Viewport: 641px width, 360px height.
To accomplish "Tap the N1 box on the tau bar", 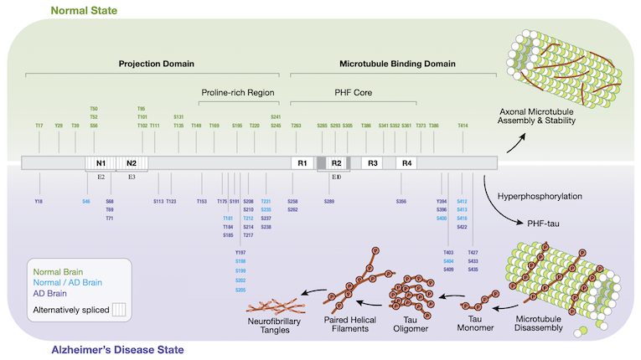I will (x=101, y=162).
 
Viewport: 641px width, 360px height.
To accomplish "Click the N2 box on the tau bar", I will (x=132, y=162).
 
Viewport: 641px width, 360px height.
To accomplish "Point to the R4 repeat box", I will (x=406, y=162).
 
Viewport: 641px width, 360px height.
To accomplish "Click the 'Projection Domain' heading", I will (x=156, y=63).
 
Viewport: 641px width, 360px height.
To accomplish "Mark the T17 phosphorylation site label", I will (x=39, y=126).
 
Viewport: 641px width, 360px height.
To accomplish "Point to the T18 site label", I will (x=39, y=202).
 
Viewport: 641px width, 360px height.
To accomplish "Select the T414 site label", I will (x=463, y=126).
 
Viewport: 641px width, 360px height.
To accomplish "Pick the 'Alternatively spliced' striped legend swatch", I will (x=116, y=309).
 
